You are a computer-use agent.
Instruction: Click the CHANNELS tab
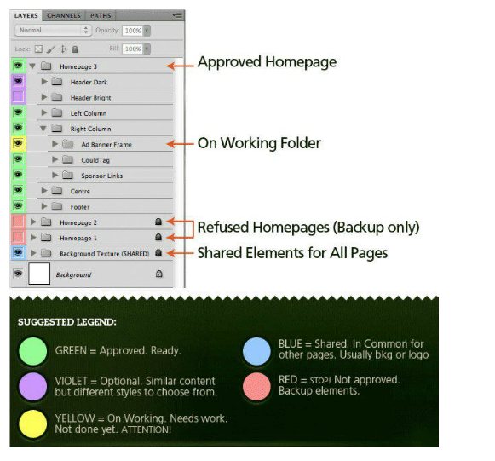pyautogui.click(x=64, y=15)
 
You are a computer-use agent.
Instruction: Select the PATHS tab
pyautogui.click(x=101, y=15)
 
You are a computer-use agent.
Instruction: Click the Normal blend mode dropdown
pyautogui.click(x=53, y=31)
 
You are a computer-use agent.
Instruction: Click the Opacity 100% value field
pyautogui.click(x=133, y=31)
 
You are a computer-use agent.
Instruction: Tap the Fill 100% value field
pyautogui.click(x=133, y=49)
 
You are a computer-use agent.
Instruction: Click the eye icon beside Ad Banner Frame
pyautogui.click(x=18, y=144)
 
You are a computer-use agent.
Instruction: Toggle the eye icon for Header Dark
pyautogui.click(x=18, y=82)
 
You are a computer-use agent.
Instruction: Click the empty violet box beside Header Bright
pyautogui.click(x=18, y=97)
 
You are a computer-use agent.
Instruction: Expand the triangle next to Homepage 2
pyautogui.click(x=33, y=222)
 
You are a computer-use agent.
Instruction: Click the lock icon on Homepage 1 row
pyautogui.click(x=158, y=237)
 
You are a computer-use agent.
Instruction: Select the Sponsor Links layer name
pyautogui.click(x=101, y=176)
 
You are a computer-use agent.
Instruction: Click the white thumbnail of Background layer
pyautogui.click(x=39, y=274)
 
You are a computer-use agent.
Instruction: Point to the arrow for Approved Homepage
pyautogui.click(x=180, y=66)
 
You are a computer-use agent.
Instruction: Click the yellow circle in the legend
pyautogui.click(x=33, y=424)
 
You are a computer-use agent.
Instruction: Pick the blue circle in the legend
pyautogui.click(x=256, y=351)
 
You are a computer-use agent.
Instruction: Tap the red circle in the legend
pyautogui.click(x=256, y=387)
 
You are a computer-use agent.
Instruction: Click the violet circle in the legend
pyautogui.click(x=33, y=387)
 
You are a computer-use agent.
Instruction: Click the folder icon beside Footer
pyautogui.click(x=57, y=206)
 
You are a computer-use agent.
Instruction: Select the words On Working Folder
pyautogui.click(x=259, y=143)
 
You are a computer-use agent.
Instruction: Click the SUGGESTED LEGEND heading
pyautogui.click(x=67, y=322)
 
